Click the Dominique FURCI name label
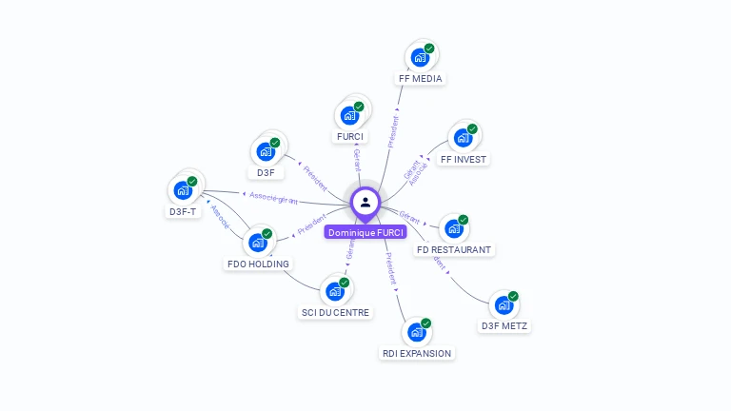365,232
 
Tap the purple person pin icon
365,202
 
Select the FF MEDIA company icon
420,57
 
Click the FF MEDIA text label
420,79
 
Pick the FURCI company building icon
349,116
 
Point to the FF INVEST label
464,159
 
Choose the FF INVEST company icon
463,138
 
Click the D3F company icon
266,151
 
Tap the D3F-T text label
183,211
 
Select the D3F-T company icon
183,189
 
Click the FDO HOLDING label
258,264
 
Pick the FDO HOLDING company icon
257,243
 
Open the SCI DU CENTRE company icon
335,291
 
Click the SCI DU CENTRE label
335,312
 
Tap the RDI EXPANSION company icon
416,332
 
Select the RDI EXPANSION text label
417,353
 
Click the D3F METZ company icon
504,305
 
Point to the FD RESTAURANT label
454,249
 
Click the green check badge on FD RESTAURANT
464,220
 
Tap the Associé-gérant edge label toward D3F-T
273,199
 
